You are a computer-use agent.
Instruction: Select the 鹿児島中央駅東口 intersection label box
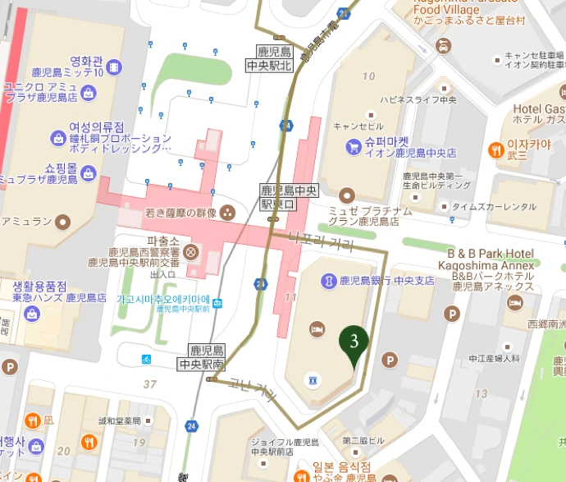click(x=276, y=195)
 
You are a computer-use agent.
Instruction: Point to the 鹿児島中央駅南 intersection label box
click(x=201, y=356)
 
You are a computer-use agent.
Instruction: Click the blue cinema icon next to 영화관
click(x=116, y=66)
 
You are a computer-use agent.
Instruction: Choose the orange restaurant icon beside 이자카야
click(x=495, y=149)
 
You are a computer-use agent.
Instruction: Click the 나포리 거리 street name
click(x=322, y=241)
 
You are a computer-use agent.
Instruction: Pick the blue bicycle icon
click(x=146, y=359)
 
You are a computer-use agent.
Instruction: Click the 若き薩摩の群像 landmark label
click(x=168, y=213)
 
